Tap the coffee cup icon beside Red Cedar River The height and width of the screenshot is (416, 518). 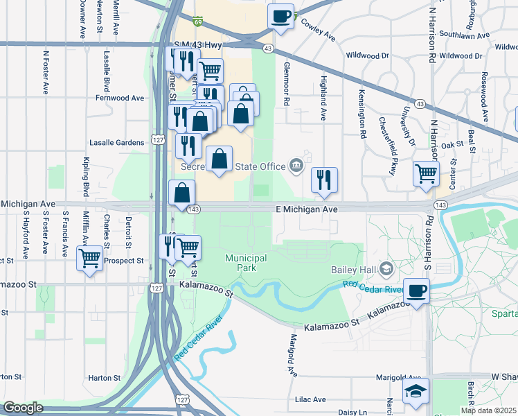[x=416, y=291]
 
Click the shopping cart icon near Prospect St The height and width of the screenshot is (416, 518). [x=90, y=259]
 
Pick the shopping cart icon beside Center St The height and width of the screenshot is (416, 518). [x=426, y=173]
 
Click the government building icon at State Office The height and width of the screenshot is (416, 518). [x=296, y=165]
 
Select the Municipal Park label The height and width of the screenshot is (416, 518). [x=246, y=263]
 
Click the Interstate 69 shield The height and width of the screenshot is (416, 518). [x=198, y=22]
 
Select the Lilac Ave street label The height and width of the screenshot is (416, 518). [x=310, y=399]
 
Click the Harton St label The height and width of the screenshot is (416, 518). [x=104, y=378]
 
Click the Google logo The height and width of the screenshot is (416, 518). [x=23, y=408]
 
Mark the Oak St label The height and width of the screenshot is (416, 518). [x=451, y=144]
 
